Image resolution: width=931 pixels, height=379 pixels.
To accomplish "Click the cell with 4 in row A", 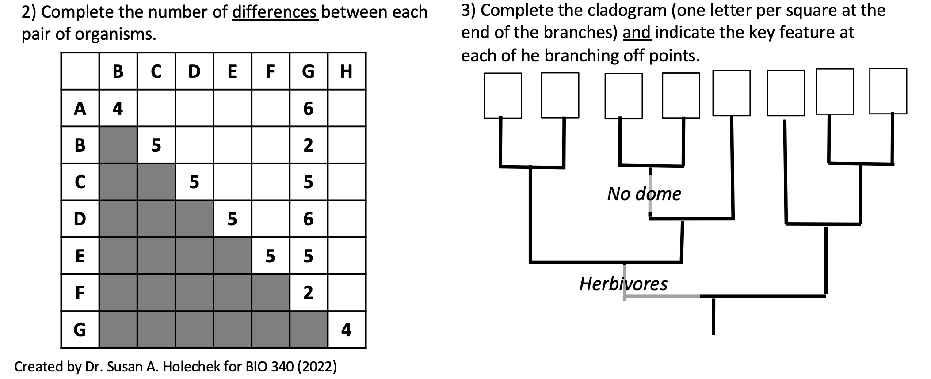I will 118,108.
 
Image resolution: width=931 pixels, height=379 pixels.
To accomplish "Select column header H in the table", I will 347,71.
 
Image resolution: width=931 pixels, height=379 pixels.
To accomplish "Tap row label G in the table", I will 80,330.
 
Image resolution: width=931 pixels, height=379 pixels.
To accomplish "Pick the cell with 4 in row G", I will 347,330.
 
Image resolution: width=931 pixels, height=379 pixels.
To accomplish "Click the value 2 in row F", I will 308,292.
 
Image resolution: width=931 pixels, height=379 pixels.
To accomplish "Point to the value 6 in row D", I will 308,219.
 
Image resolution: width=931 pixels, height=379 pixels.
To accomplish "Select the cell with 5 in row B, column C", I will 156,145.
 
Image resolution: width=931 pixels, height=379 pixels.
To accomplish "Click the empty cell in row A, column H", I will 347,108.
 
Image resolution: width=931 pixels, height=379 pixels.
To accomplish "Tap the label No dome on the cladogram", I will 644,193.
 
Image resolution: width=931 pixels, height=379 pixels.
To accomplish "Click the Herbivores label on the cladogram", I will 623,284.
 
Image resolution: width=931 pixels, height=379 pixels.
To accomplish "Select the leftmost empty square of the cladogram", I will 503,95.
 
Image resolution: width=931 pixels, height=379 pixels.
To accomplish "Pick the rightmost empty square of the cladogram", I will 888,91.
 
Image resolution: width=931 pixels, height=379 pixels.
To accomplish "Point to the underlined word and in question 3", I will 637,33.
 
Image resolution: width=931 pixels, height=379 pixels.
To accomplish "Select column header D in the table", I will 194,71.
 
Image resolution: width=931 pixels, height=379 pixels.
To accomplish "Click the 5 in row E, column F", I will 270,256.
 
